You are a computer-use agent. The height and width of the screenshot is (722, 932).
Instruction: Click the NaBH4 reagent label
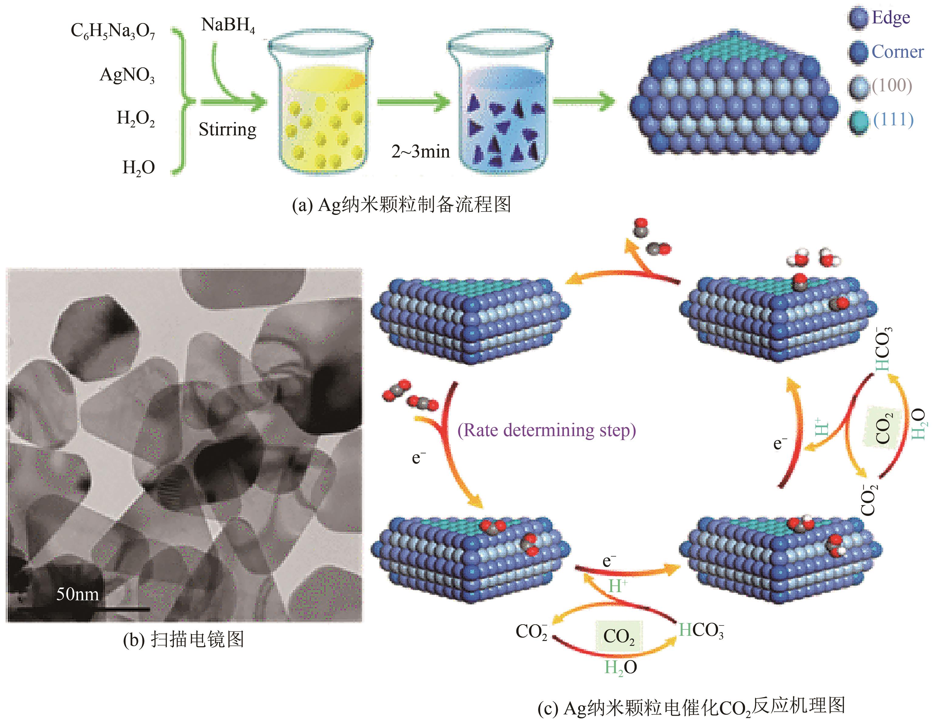[x=228, y=25]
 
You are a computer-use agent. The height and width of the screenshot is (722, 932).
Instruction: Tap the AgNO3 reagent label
[x=127, y=76]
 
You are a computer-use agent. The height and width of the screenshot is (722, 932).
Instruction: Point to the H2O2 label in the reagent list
[x=135, y=119]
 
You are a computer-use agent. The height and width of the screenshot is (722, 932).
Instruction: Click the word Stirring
[x=227, y=129]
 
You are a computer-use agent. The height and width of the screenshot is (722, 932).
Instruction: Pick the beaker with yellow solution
[x=321, y=102]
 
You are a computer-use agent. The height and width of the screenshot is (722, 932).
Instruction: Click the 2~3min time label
[x=420, y=151]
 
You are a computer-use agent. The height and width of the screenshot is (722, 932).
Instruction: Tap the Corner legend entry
[x=897, y=52]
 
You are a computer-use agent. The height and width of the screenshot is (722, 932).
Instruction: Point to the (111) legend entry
[x=893, y=120]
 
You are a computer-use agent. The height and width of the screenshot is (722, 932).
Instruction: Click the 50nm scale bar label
[x=77, y=594]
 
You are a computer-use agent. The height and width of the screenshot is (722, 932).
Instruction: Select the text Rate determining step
[x=546, y=430]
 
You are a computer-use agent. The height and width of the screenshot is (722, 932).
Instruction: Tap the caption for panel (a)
[x=401, y=205]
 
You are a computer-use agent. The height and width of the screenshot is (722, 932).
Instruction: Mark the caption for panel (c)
[x=691, y=707]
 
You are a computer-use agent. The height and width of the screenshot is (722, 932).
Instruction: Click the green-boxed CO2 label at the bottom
[x=619, y=637]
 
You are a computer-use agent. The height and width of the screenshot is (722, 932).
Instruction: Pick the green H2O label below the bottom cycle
[x=620, y=667]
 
